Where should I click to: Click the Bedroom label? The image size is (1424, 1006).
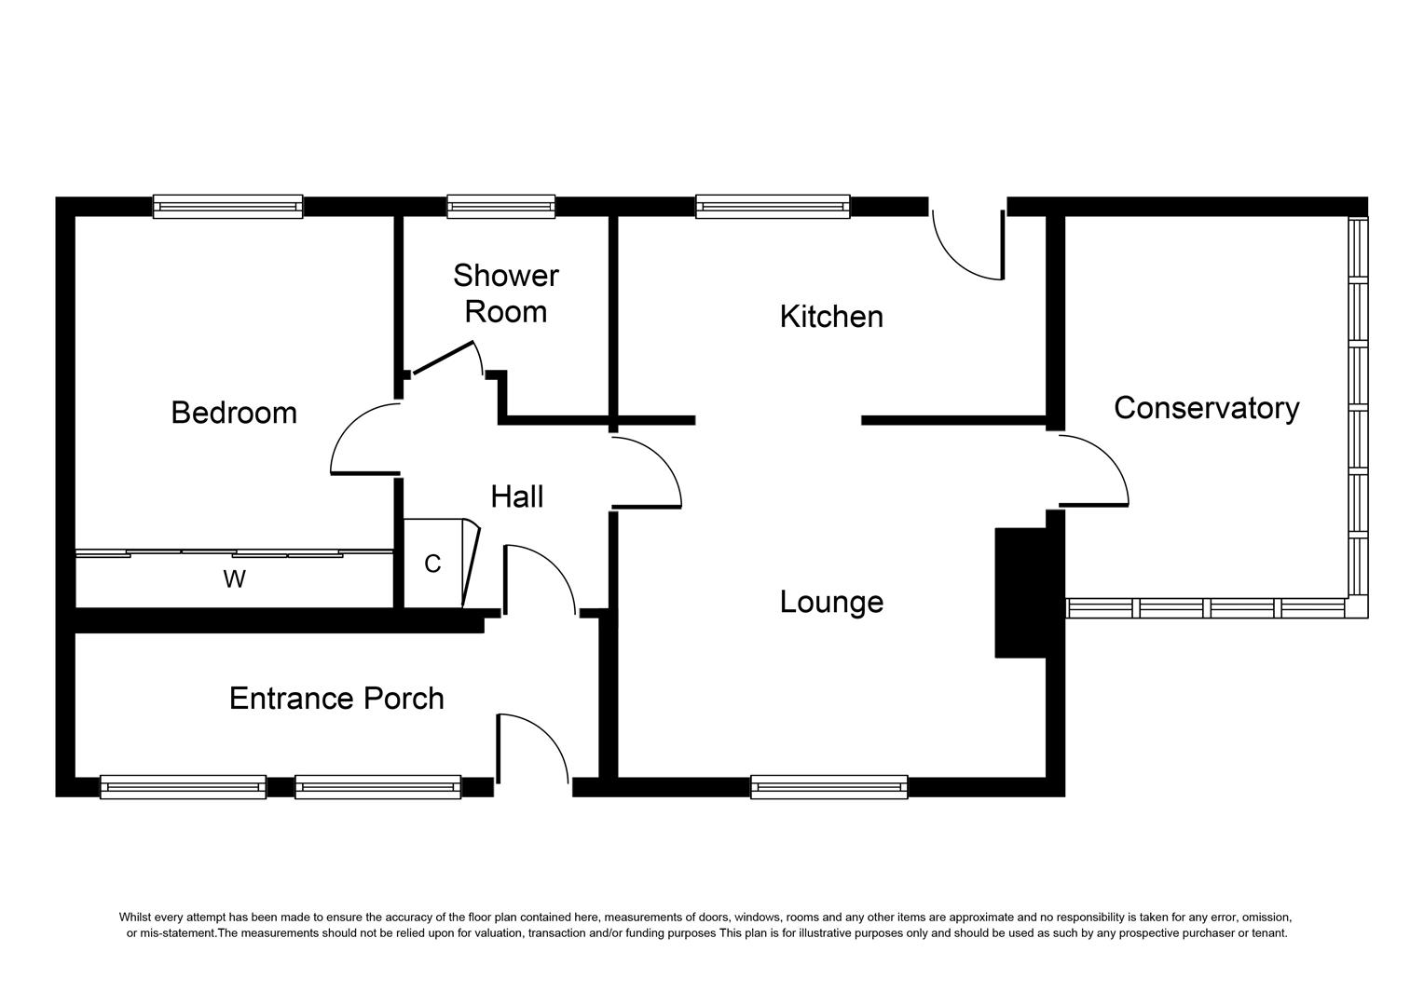pyautogui.click(x=234, y=413)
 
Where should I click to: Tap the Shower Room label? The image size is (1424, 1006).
pyautogui.click(x=505, y=293)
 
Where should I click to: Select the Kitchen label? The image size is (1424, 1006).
pyautogui.click(x=831, y=317)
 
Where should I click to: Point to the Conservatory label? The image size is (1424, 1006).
pyautogui.click(x=1207, y=409)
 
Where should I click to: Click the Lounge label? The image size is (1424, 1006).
pyautogui.click(x=831, y=602)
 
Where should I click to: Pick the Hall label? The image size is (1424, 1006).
pyautogui.click(x=517, y=496)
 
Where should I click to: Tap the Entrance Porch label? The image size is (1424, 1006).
pyautogui.click(x=336, y=699)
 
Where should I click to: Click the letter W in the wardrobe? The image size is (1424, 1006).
pyautogui.click(x=234, y=579)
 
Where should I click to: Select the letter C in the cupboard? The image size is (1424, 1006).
pyautogui.click(x=432, y=564)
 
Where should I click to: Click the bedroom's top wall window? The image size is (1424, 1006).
pyautogui.click(x=227, y=207)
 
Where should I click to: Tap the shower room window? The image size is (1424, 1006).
pyautogui.click(x=501, y=207)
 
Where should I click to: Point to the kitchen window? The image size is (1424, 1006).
pyautogui.click(x=773, y=207)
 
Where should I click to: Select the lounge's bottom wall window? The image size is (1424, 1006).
pyautogui.click(x=829, y=787)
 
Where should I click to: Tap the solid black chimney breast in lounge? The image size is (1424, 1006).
pyautogui.click(x=1021, y=593)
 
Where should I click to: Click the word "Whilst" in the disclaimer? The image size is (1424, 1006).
pyautogui.click(x=134, y=917)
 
